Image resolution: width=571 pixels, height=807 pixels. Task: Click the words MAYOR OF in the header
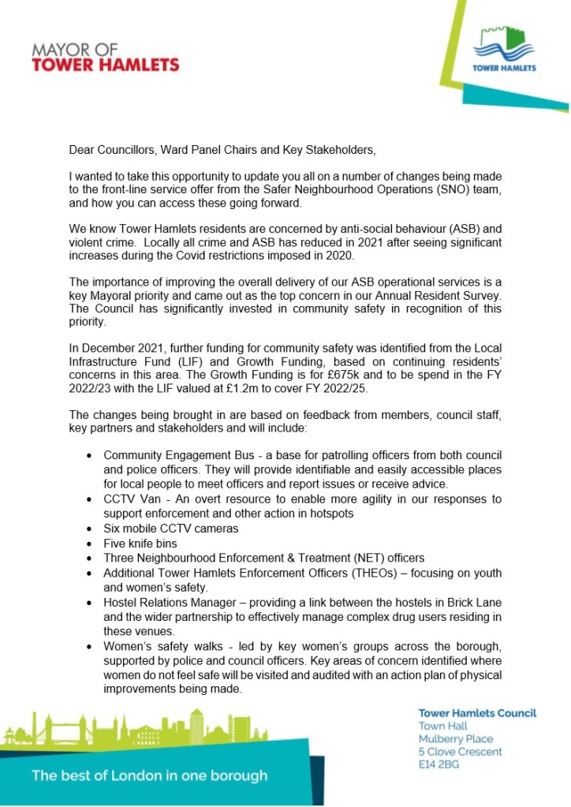(x=76, y=50)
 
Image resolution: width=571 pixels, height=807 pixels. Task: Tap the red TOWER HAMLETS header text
(x=106, y=65)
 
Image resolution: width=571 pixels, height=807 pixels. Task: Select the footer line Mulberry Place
(x=455, y=739)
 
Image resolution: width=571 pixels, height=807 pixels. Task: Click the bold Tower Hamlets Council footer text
(x=476, y=713)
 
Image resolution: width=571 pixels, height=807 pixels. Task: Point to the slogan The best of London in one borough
(x=149, y=775)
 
